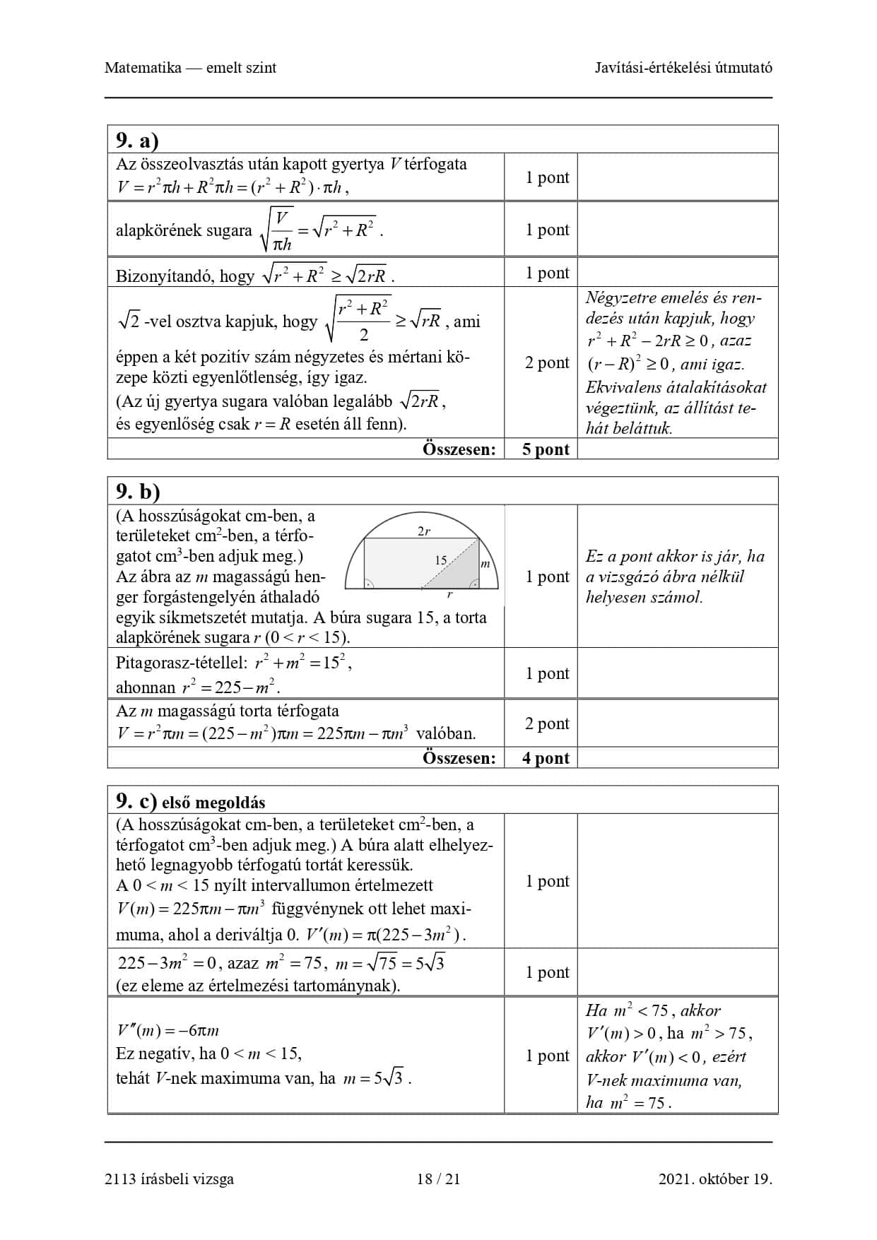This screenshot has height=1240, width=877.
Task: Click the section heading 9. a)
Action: tap(137, 140)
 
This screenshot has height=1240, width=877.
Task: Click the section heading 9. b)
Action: tap(138, 491)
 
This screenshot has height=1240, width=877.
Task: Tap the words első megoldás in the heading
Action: tap(213, 803)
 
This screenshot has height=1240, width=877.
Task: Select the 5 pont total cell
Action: tap(546, 449)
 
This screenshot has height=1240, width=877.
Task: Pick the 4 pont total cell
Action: tap(546, 758)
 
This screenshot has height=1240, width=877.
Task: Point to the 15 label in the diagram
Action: tap(441, 560)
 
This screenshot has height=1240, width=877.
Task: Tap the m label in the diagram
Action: tap(485, 564)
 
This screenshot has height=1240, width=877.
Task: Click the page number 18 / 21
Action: tap(438, 1179)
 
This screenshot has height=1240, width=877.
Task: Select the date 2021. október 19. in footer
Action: tap(715, 1179)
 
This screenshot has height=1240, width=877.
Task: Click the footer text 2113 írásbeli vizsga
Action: tap(169, 1179)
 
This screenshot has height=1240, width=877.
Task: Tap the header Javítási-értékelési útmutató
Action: tap(683, 68)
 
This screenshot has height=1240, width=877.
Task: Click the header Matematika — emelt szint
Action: tap(190, 68)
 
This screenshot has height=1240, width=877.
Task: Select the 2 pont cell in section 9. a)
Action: tap(546, 362)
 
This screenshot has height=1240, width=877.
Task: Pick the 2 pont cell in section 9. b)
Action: tap(546, 724)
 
